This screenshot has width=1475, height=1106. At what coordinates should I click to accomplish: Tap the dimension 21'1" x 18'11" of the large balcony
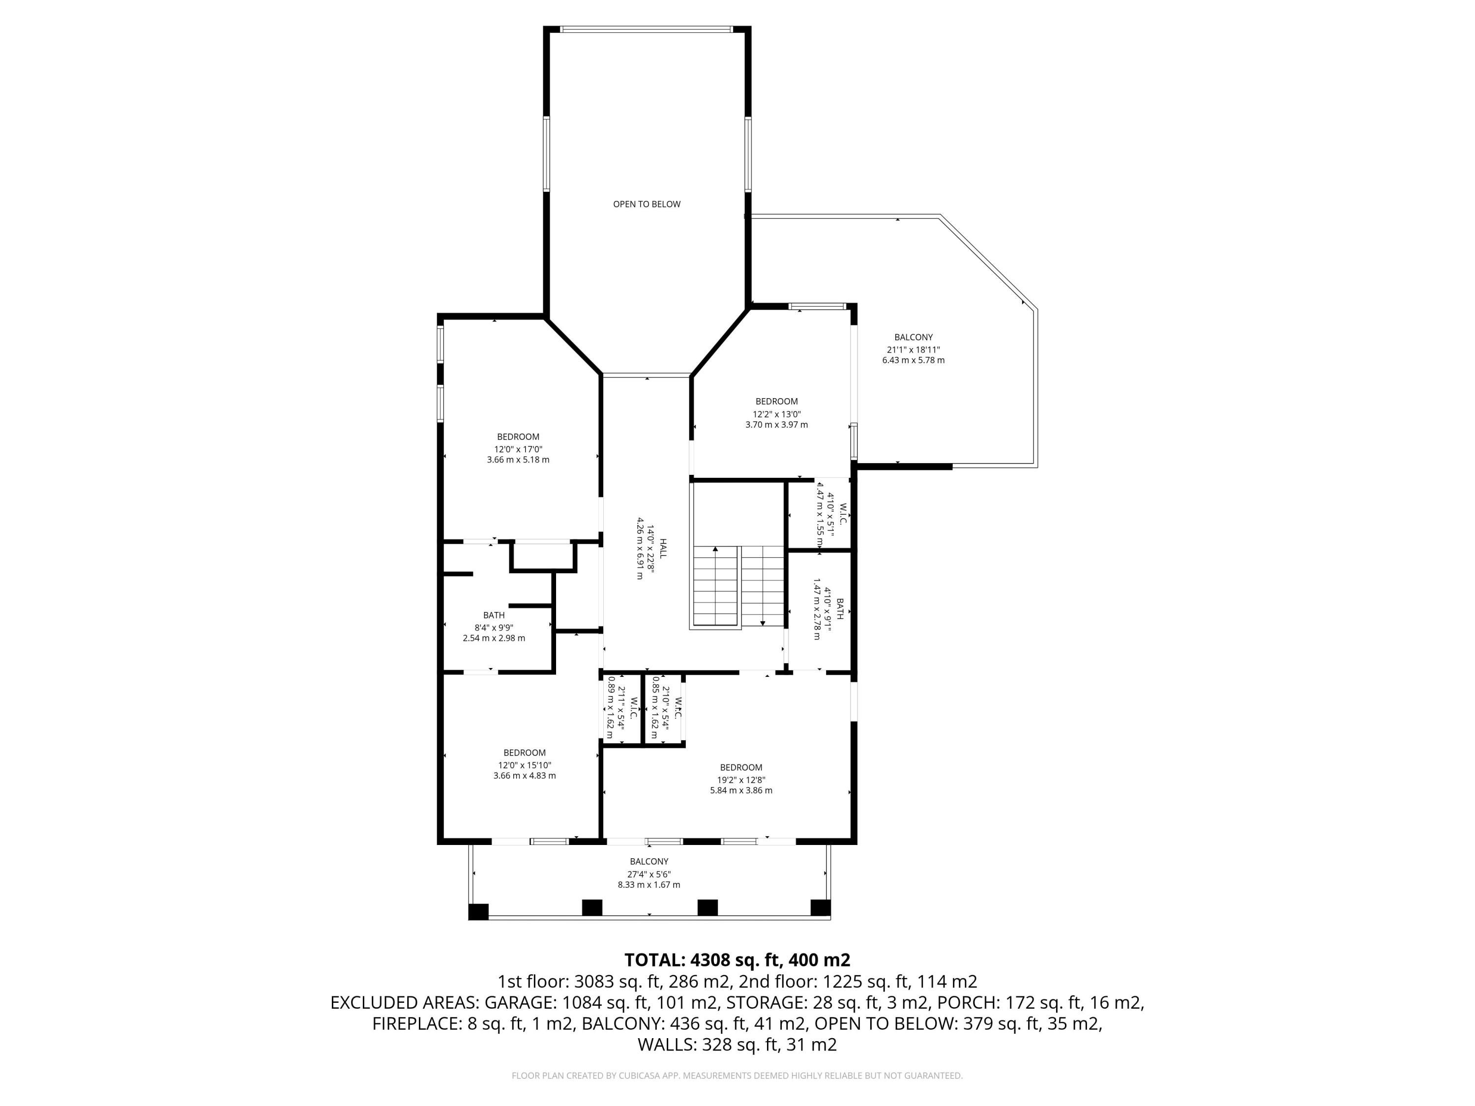coord(913,349)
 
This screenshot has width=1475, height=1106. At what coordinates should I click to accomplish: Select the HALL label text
coord(663,548)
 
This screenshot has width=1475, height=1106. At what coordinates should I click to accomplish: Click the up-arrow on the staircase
coord(715,550)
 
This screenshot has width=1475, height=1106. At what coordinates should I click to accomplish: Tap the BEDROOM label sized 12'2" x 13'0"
coord(776,401)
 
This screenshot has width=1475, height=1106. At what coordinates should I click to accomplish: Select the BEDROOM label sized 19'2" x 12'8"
coord(741,767)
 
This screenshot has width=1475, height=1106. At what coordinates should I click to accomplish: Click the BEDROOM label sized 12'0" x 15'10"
coord(524,753)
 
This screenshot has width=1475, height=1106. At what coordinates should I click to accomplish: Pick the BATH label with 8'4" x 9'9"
coord(494,614)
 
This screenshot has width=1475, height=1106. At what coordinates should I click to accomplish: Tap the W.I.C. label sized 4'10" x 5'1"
coord(842,513)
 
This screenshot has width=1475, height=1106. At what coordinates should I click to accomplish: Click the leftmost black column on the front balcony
coord(478,911)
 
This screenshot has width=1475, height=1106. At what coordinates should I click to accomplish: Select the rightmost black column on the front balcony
coord(820,907)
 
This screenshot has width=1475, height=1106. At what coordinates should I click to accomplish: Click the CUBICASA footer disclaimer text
coord(737,1076)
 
